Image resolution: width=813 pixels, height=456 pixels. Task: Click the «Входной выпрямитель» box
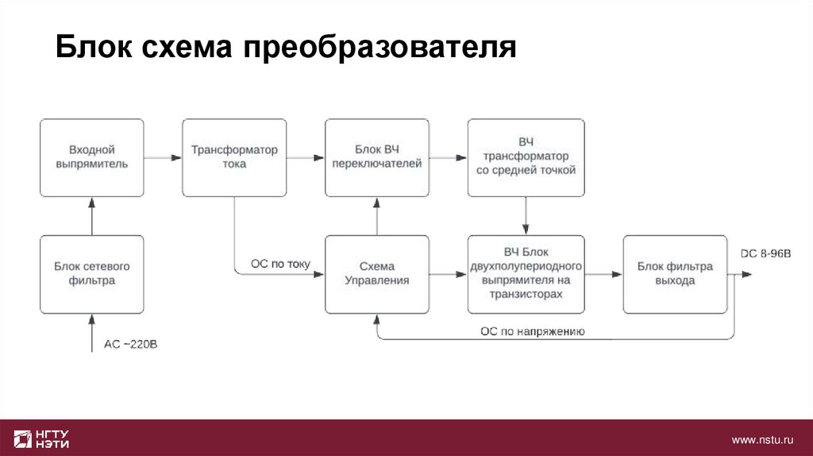[92, 157]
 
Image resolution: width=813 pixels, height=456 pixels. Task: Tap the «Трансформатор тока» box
[234, 157]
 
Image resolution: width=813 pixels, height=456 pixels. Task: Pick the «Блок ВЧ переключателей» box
[376, 157]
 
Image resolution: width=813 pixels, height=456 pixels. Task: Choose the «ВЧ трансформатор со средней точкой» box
[526, 157]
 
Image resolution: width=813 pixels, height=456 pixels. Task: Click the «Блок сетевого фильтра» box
[92, 273]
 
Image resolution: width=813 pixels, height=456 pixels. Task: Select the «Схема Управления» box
[376, 273]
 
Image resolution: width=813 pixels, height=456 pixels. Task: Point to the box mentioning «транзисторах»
[526, 273]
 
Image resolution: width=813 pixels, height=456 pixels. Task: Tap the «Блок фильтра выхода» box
[675, 273]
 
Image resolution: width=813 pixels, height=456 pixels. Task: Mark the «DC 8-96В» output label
[765, 253]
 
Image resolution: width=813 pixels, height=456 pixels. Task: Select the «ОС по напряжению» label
[533, 331]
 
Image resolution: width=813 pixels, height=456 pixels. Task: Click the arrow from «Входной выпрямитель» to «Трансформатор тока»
[163, 157]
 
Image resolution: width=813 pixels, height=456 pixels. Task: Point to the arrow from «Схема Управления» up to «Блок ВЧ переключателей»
[376, 215]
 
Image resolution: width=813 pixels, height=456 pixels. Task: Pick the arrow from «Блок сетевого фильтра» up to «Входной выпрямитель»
[92, 215]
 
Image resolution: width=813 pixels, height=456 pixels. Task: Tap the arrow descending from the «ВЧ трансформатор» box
[526, 215]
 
